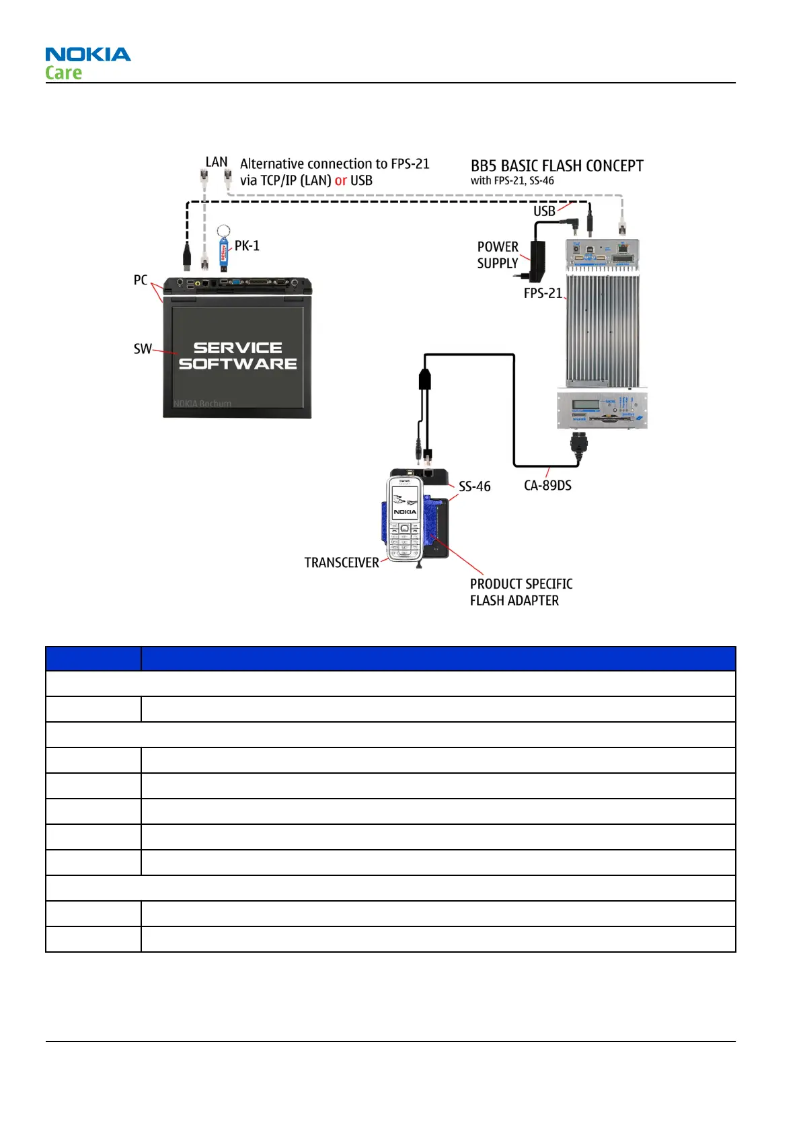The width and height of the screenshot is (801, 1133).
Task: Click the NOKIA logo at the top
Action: tap(88, 54)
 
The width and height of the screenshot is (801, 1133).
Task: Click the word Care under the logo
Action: tap(63, 73)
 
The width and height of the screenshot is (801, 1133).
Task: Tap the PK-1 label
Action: tap(247, 246)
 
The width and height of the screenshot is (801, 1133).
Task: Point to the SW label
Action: tap(142, 349)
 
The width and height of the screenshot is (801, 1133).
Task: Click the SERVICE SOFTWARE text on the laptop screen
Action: tap(237, 356)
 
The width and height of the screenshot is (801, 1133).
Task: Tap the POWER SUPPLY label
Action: tap(498, 255)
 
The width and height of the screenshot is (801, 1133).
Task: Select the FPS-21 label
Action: tap(542, 293)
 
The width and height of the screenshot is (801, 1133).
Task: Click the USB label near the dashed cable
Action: tap(544, 211)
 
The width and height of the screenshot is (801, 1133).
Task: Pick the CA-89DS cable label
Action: tap(547, 486)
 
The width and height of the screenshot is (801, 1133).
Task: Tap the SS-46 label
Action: tap(474, 486)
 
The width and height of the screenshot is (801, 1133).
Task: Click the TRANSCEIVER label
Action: tap(342, 562)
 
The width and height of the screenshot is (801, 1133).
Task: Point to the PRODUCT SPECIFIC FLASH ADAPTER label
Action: tap(521, 592)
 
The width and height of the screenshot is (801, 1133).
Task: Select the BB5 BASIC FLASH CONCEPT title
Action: tap(557, 166)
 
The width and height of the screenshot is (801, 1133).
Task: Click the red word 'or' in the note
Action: tap(341, 180)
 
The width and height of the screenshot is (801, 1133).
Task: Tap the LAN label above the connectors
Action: tap(217, 162)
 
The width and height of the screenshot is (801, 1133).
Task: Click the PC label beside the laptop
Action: tap(140, 280)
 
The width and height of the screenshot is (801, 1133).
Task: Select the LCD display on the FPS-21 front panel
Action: tap(585, 406)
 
